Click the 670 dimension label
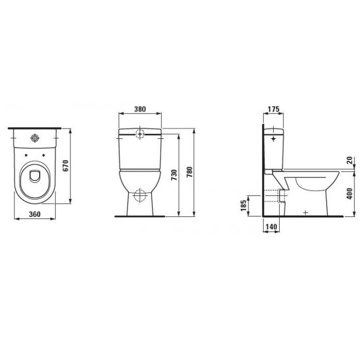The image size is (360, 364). click(66, 166)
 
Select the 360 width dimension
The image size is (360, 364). click(34, 214)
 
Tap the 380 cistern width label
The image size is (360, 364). click(140, 109)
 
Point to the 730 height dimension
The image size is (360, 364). click(174, 175)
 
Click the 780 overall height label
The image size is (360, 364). click(190, 172)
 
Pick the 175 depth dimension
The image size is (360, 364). click(274, 109)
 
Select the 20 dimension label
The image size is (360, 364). click(350, 160)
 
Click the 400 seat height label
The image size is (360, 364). click(349, 194)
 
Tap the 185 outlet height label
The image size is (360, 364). click(243, 206)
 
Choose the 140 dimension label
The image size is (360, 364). click(271, 226)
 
